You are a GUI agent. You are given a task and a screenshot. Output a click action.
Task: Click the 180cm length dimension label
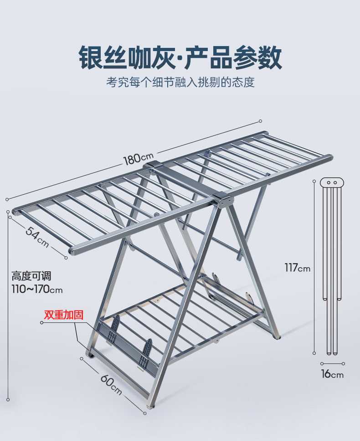(139, 159)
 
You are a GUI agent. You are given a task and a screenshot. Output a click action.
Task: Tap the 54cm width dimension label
(37, 237)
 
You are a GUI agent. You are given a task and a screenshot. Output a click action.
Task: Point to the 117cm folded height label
(297, 268)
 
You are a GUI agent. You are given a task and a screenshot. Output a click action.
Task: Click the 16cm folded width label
(333, 374)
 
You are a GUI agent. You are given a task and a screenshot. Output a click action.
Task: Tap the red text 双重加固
(64, 315)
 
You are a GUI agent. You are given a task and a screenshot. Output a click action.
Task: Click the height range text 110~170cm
(37, 289)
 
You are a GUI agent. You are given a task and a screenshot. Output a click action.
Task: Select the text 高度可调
(31, 276)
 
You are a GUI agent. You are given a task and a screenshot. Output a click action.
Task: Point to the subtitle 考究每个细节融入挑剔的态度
(180, 82)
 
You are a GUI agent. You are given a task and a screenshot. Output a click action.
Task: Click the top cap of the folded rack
(332, 182)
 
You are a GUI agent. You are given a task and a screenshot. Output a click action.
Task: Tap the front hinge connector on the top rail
(223, 199)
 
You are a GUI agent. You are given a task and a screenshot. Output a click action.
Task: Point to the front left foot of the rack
(90, 354)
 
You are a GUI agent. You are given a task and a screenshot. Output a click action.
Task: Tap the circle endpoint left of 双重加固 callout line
(41, 322)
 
